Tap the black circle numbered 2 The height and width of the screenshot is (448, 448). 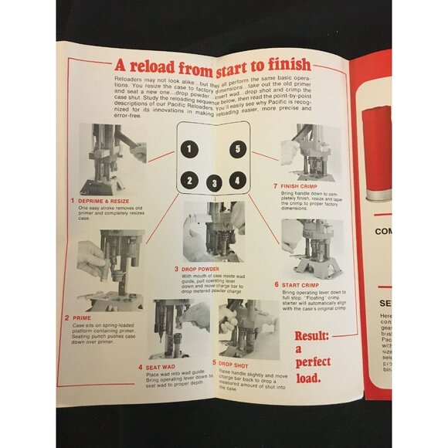pos(186,182)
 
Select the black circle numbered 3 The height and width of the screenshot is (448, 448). pos(214,184)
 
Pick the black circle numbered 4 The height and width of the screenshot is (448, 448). pos(238,180)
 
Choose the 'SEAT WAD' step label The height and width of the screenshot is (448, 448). pos(163,368)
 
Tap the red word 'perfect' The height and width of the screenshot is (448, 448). pos(313,361)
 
